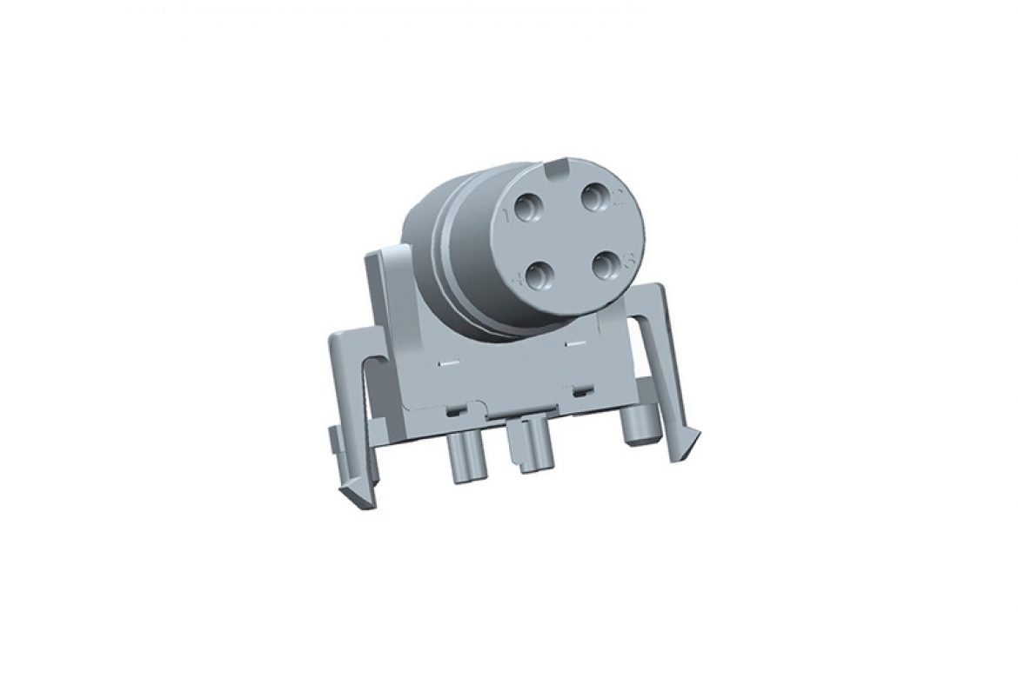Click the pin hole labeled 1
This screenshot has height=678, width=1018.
[x=528, y=208]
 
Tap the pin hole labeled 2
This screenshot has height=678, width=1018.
[x=594, y=201]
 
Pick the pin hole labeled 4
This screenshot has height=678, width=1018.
[x=541, y=276]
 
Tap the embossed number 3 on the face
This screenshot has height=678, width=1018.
[x=633, y=258]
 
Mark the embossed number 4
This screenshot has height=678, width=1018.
[x=520, y=279]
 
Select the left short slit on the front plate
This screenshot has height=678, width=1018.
[x=449, y=359]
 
